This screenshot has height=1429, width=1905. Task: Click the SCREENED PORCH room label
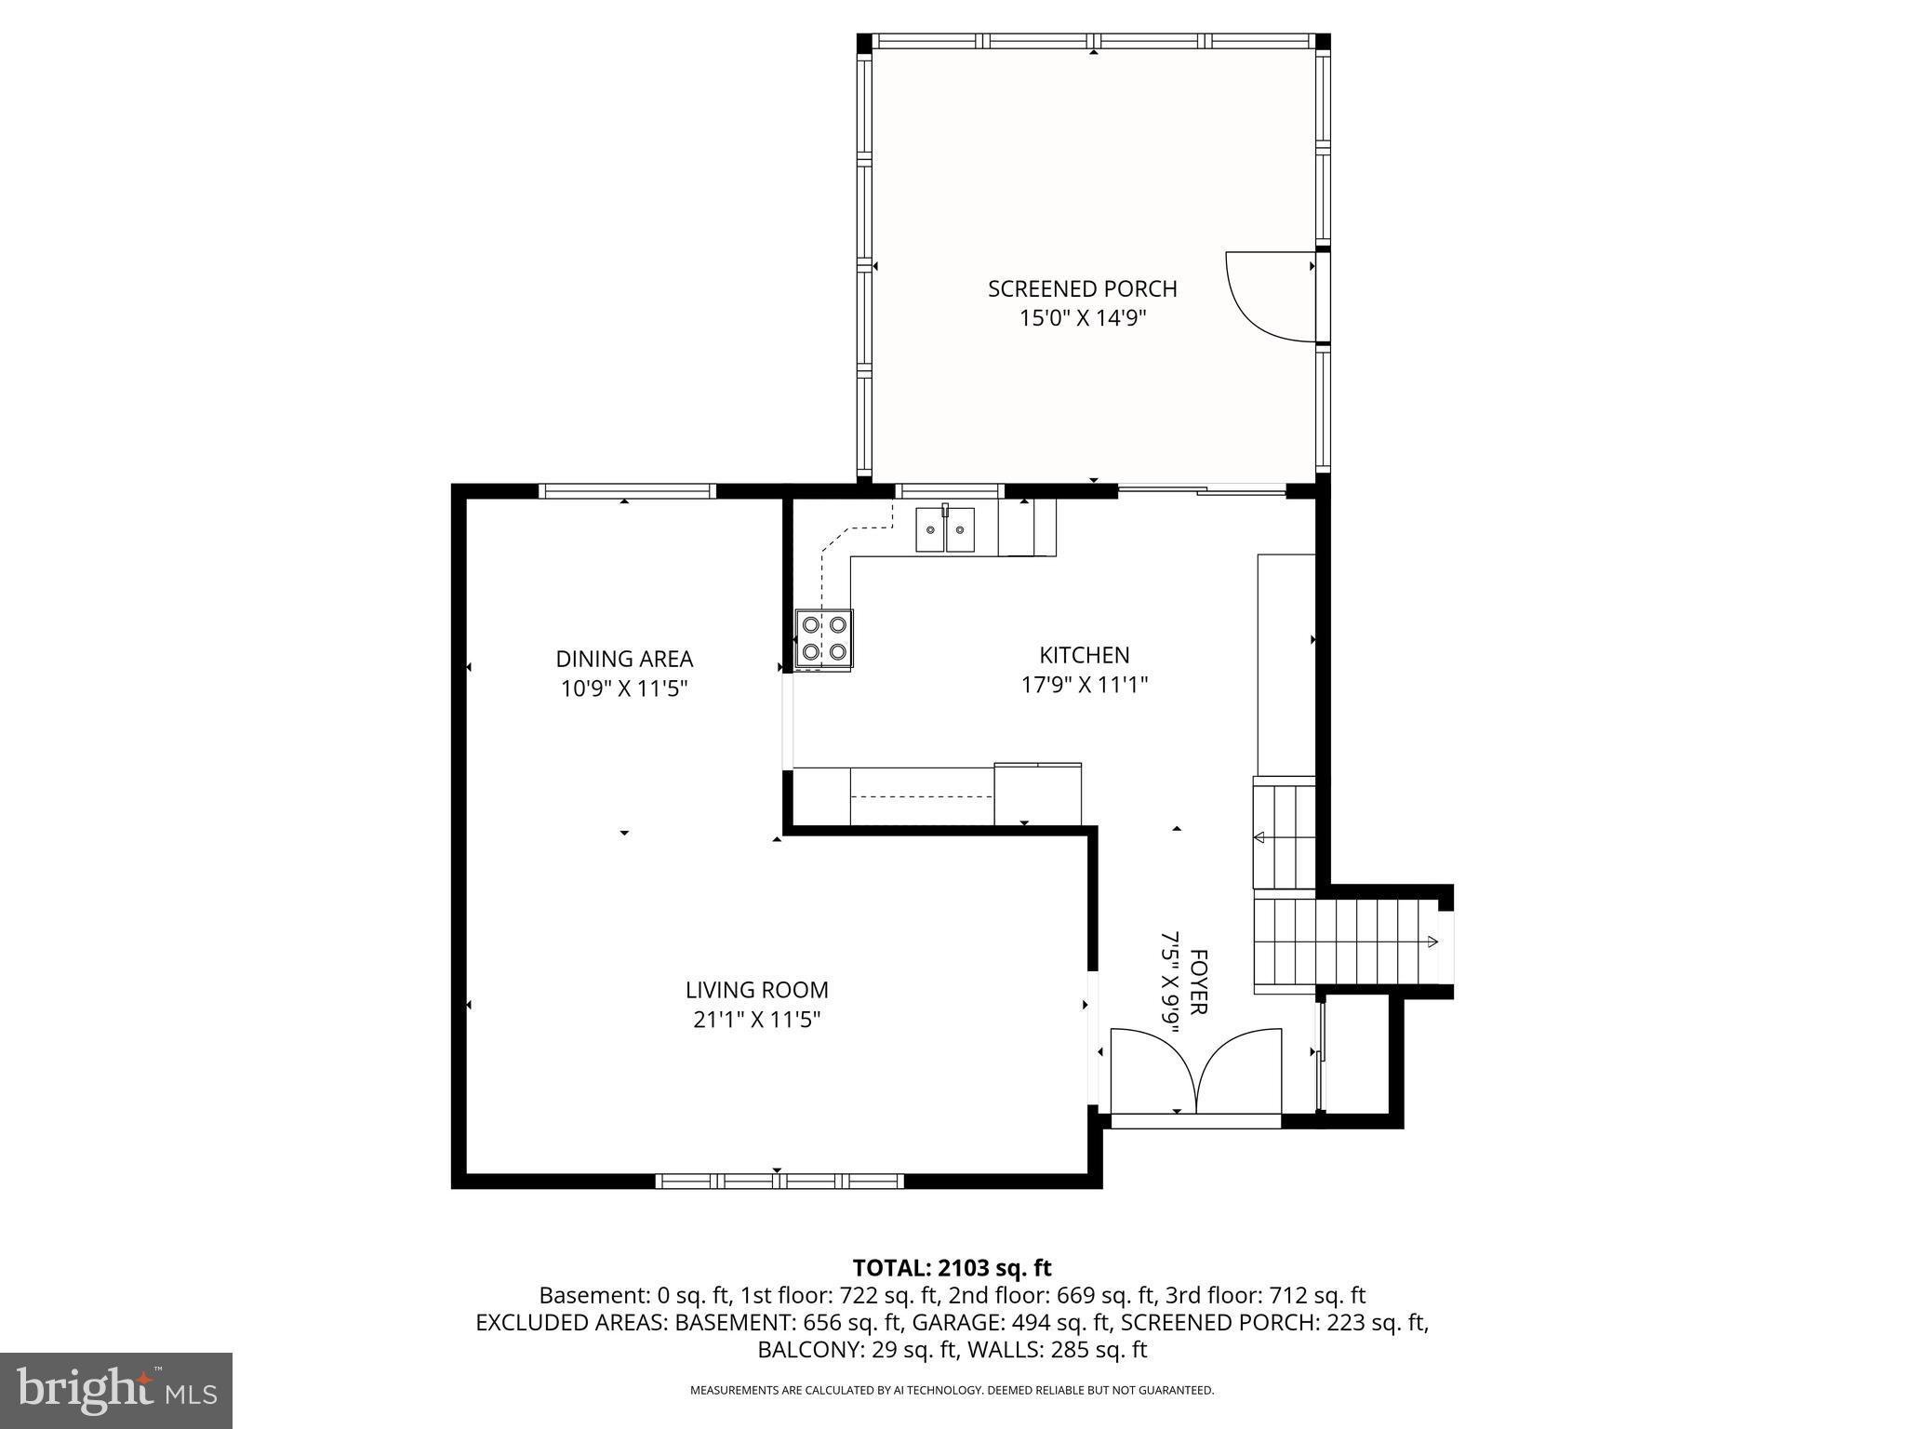[1082, 288]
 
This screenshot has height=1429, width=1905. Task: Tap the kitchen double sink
[945, 530]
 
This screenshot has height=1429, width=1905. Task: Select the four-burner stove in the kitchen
[824, 638]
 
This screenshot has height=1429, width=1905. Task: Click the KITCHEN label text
[1084, 655]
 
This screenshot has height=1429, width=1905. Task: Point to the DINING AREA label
[624, 659]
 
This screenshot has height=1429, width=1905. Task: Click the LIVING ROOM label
[756, 990]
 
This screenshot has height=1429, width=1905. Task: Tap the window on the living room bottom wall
[779, 1181]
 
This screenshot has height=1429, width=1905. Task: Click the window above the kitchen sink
[949, 491]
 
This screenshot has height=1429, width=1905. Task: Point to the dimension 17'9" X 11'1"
[1084, 686]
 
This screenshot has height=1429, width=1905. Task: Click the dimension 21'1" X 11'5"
[756, 1020]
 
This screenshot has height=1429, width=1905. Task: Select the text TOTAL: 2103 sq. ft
[952, 1268]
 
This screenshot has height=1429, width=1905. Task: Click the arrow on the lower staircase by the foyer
[1432, 942]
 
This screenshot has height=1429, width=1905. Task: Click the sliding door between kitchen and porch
[1201, 489]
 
